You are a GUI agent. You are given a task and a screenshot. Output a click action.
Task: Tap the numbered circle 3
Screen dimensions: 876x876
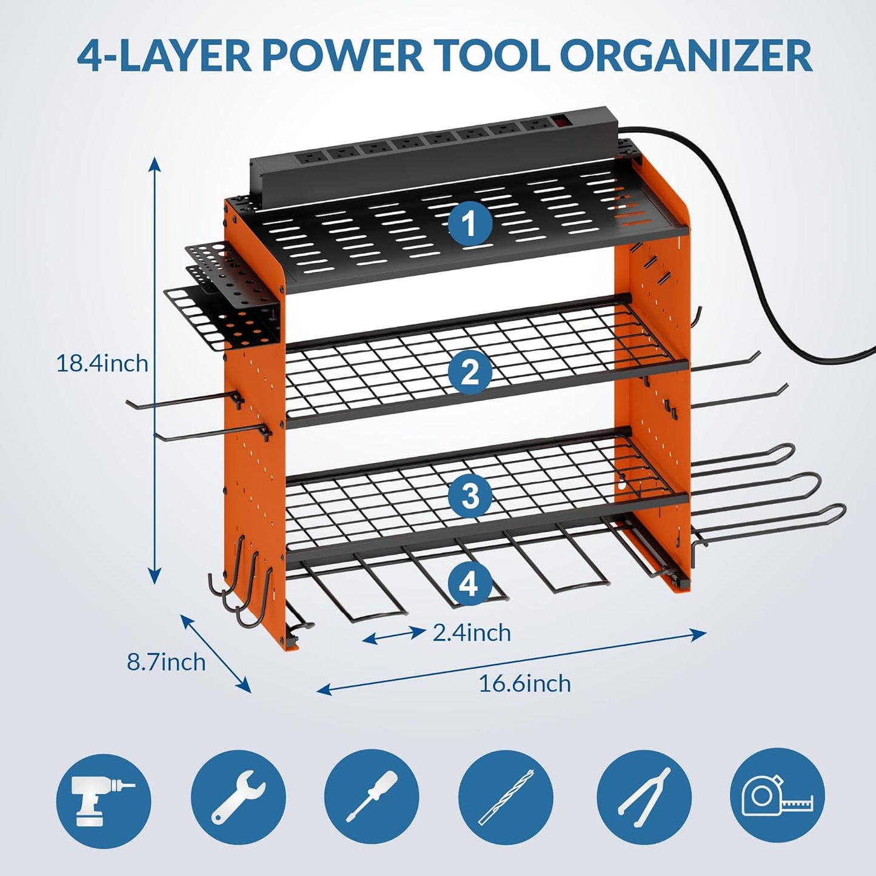click(470, 496)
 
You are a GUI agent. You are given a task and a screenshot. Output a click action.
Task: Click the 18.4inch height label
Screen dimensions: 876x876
click(102, 364)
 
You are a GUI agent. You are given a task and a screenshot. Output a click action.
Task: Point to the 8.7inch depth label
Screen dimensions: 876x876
click(166, 661)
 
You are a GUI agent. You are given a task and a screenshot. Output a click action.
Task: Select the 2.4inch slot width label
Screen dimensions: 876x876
click(472, 633)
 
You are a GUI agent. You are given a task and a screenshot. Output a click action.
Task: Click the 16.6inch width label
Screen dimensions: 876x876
click(524, 684)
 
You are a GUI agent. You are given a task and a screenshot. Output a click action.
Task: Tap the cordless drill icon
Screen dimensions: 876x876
click(104, 794)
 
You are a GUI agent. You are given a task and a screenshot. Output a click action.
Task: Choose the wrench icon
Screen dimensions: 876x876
click(238, 794)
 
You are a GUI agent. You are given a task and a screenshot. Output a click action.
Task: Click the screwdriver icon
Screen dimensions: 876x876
click(372, 794)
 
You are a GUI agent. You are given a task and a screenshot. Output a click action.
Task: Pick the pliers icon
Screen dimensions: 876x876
click(644, 794)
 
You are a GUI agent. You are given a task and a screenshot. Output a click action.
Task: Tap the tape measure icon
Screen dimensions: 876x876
click(778, 794)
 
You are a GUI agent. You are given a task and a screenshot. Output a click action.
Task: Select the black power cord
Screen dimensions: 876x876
click(764, 242)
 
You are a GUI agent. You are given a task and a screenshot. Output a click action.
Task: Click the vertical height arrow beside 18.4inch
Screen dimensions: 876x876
click(155, 370)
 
